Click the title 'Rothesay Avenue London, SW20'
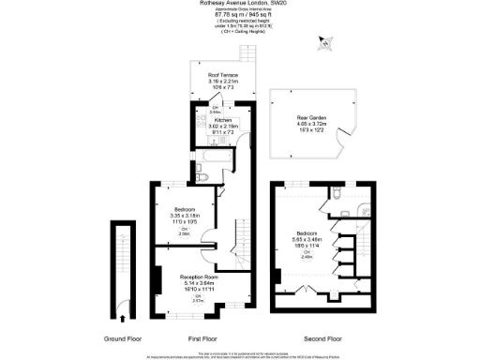[x=240, y=3]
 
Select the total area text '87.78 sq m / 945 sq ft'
[x=240, y=13]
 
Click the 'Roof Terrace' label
[x=223, y=74]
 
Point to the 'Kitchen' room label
[x=223, y=120]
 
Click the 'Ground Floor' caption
[x=125, y=337]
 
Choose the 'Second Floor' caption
[x=321, y=337]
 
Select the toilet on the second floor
[x=336, y=195]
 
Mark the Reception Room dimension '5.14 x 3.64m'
[x=198, y=284]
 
